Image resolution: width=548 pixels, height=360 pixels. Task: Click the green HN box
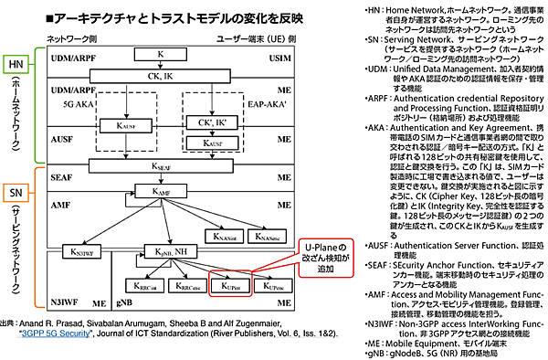(16, 67)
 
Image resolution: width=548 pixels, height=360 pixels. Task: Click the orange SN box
(16, 193)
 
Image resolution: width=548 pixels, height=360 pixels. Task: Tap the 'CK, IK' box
(161, 78)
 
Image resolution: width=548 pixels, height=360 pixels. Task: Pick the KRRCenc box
(188, 283)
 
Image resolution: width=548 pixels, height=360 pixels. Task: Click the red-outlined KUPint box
(229, 283)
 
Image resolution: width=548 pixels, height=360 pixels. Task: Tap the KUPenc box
(270, 283)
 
